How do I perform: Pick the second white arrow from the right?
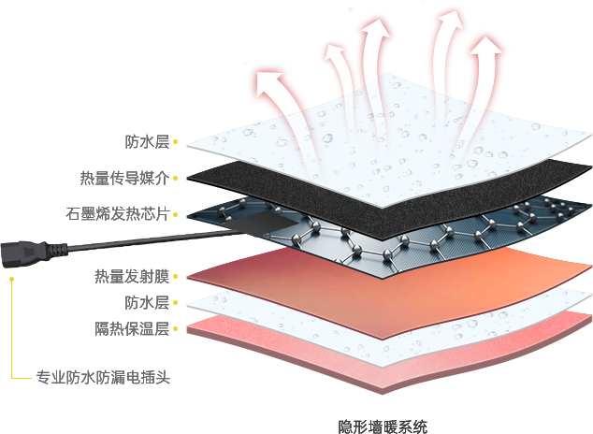point(447,56)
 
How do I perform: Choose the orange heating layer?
point(393,281)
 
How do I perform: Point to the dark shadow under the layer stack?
point(393,416)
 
